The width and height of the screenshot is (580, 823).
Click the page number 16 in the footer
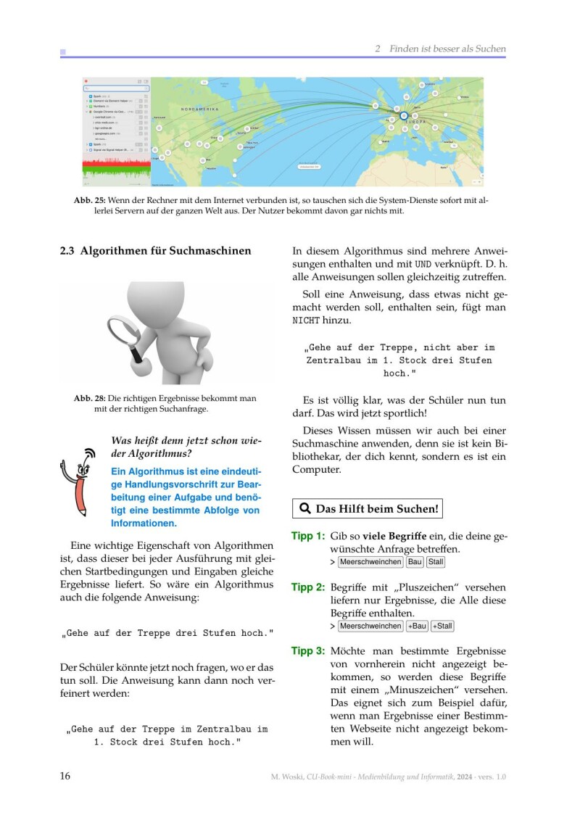(x=65, y=777)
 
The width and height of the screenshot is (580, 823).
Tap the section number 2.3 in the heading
(x=68, y=252)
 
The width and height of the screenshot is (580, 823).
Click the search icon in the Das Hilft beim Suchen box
(x=305, y=509)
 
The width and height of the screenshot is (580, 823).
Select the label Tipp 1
(x=307, y=536)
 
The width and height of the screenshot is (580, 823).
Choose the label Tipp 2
(x=307, y=587)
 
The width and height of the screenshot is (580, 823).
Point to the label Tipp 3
(x=307, y=651)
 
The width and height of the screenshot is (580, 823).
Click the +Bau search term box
(x=417, y=626)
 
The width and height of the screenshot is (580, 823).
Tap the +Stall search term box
(x=442, y=626)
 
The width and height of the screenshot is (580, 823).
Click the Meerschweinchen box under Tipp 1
(x=370, y=562)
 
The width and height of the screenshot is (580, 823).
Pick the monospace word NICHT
(x=305, y=320)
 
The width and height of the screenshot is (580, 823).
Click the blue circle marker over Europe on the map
(x=404, y=115)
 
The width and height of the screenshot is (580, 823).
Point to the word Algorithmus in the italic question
(x=152, y=454)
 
